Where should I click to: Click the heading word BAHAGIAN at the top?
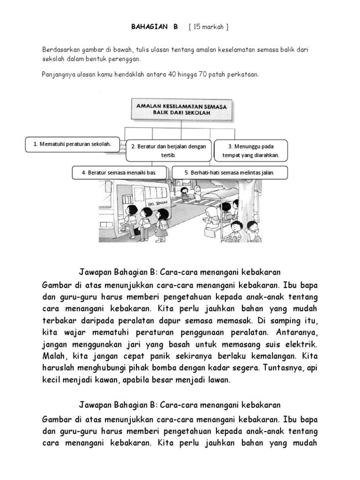(146, 27)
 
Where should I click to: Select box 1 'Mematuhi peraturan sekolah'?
(72, 144)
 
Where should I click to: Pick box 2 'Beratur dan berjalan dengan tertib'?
(168, 150)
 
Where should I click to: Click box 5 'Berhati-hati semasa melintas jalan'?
(229, 172)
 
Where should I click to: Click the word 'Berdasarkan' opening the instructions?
(60, 50)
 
